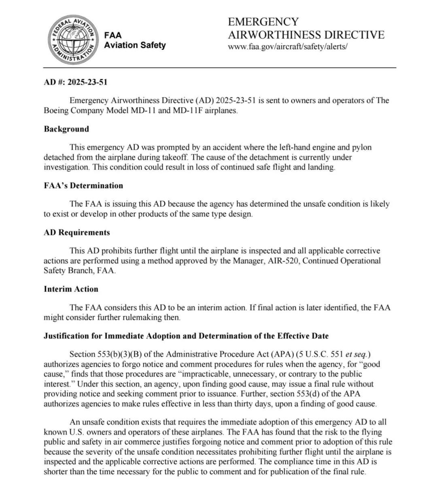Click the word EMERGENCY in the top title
(x=263, y=22)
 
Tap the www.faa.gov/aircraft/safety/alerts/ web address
(x=288, y=47)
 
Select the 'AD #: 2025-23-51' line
(x=76, y=82)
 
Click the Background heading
(x=66, y=129)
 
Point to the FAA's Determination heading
(x=83, y=186)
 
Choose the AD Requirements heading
(x=77, y=233)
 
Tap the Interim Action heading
(x=71, y=289)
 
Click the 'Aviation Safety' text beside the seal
(x=135, y=45)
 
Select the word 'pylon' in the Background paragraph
(x=361, y=147)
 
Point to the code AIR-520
(x=283, y=261)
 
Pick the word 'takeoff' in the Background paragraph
(x=176, y=157)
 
